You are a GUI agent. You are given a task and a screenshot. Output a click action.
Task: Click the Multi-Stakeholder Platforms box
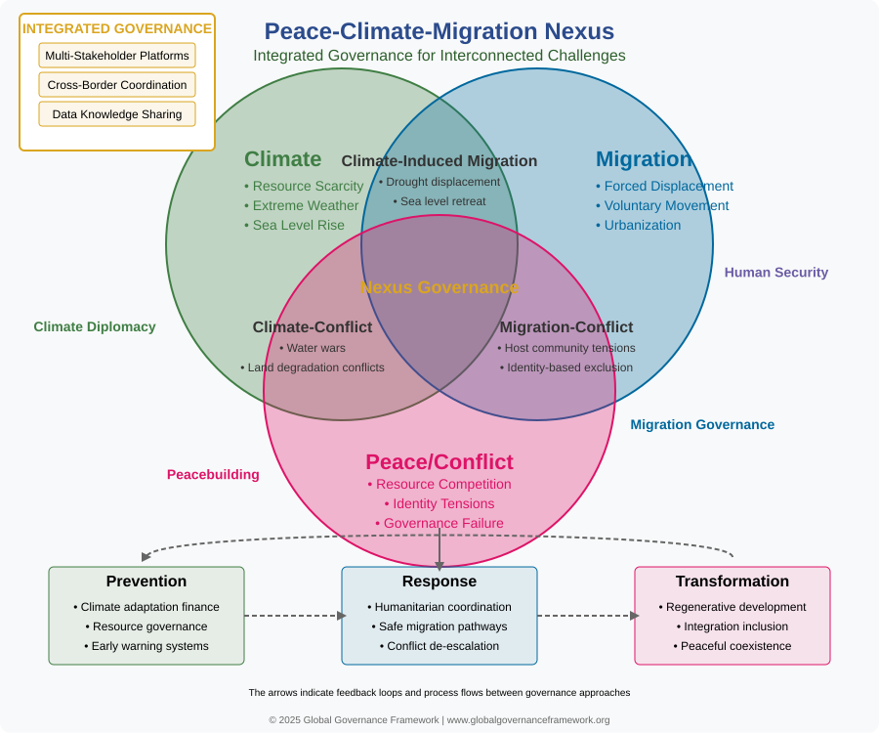click(x=117, y=56)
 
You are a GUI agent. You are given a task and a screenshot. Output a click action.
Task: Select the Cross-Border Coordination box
click(x=117, y=85)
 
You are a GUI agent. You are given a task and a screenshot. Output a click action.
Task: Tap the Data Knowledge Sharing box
click(x=117, y=113)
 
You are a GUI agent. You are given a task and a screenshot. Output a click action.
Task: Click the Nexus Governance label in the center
click(x=439, y=287)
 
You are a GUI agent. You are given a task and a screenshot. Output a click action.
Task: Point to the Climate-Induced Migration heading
click(x=439, y=161)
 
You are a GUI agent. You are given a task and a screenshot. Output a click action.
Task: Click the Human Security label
click(x=775, y=272)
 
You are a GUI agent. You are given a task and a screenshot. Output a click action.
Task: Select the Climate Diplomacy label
click(x=95, y=327)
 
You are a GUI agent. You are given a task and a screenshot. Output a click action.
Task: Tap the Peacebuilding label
click(x=213, y=474)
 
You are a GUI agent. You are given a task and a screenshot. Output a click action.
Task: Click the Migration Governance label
click(x=702, y=424)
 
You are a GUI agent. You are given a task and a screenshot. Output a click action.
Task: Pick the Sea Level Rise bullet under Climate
click(x=294, y=225)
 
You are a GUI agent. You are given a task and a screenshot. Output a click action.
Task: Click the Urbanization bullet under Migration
click(x=638, y=225)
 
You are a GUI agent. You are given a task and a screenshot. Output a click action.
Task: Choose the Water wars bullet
click(x=313, y=348)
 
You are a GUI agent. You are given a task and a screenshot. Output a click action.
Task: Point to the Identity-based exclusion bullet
click(x=566, y=367)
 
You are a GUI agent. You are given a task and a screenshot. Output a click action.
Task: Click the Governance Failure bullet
click(x=439, y=523)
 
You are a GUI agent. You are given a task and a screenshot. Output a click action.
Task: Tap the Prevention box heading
click(x=146, y=581)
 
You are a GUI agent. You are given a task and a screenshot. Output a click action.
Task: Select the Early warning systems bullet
click(x=146, y=646)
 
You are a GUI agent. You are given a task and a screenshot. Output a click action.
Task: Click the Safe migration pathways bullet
click(x=439, y=626)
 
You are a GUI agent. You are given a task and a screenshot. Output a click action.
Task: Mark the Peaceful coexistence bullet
click(x=732, y=646)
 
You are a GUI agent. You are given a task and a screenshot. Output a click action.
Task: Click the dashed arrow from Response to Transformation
click(x=588, y=616)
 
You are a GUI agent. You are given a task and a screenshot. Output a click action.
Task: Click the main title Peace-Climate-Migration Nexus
click(x=439, y=31)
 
